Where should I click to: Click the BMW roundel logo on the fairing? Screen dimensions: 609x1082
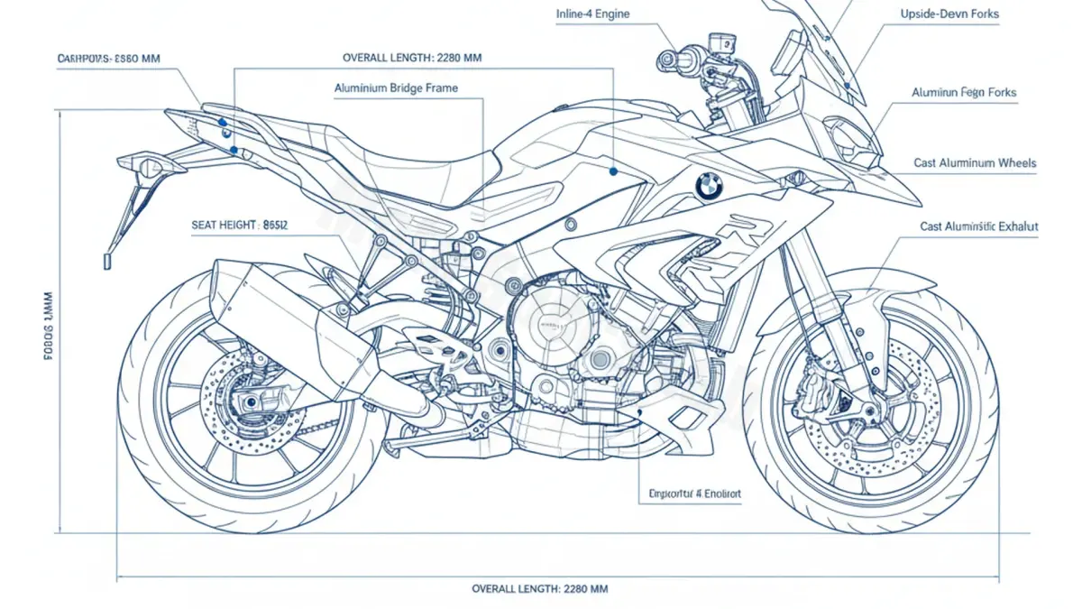[x=709, y=186]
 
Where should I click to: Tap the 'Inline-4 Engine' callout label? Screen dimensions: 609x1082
[x=593, y=14]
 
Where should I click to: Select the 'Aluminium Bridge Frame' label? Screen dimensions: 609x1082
[x=396, y=88]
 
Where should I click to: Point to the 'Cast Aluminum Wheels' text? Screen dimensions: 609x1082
[x=975, y=163]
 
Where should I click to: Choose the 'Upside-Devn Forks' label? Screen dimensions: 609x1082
[x=949, y=14]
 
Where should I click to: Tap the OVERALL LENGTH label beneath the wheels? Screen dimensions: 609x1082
[x=540, y=588]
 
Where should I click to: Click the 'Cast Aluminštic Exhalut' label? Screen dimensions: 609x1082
[x=979, y=227]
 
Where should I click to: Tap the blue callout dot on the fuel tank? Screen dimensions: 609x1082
[x=613, y=170]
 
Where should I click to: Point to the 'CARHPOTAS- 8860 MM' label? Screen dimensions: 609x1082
[x=108, y=59]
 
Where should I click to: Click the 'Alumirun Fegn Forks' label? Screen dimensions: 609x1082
[x=964, y=93]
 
